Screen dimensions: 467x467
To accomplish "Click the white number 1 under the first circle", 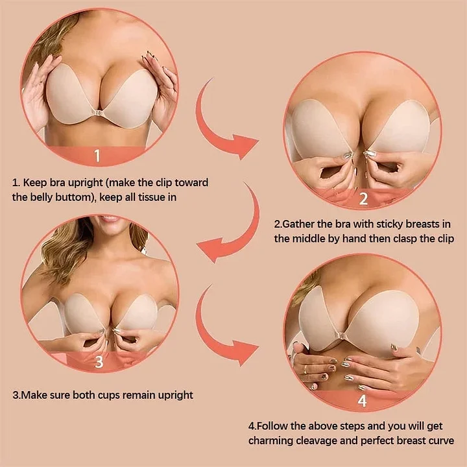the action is pos(97,156).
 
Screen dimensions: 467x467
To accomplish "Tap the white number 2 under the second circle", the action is pos(363,198).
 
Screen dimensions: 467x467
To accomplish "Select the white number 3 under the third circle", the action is pos(99,361).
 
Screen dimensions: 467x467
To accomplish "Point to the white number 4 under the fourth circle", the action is pos(362,401).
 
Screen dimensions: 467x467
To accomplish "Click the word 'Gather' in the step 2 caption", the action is pos(298,224).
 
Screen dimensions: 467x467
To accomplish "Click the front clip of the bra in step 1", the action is pos(97,113).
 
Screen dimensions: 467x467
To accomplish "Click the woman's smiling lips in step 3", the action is pos(110,219).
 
